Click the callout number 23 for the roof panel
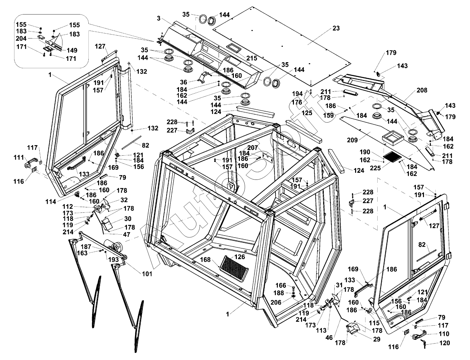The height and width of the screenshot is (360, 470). (336, 29)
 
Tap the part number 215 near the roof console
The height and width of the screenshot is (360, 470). (252, 58)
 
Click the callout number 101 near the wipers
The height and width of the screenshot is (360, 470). (146, 274)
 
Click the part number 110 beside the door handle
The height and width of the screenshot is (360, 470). (444, 334)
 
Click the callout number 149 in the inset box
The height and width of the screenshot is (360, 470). (72, 50)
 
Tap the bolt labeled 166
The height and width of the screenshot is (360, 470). (281, 285)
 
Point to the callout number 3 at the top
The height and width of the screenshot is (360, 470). (159, 18)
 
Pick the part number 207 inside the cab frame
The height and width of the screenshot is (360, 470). (253, 148)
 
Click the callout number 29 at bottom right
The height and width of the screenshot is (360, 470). (377, 339)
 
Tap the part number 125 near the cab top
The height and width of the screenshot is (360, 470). (306, 113)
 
